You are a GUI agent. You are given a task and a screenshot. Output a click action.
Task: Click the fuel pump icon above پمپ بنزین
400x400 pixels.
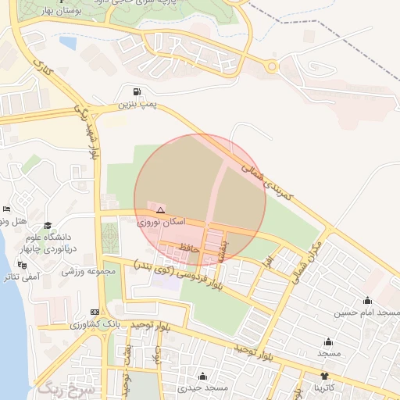pyautogui.click(x=137, y=91)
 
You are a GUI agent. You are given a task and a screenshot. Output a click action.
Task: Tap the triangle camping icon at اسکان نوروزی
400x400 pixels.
pyautogui.click(x=160, y=210)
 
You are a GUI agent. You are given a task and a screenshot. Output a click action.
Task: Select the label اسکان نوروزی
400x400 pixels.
pyautogui.click(x=162, y=223)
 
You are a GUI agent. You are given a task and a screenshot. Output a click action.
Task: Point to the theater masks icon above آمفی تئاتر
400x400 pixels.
pyautogui.click(x=11, y=264)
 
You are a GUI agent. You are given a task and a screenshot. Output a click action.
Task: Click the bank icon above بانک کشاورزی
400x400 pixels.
pyautogui.click(x=95, y=311)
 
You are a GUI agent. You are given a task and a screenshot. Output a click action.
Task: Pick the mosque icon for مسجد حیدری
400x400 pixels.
pyautogui.click(x=203, y=376)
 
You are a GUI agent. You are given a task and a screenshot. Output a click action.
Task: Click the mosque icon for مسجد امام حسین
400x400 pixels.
pyautogui.click(x=367, y=301)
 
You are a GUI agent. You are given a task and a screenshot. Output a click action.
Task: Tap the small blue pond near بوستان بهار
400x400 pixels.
pyautogui.click(x=68, y=43)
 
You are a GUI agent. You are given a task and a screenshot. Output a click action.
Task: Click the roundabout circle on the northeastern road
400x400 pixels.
pyautogui.click(x=271, y=66)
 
